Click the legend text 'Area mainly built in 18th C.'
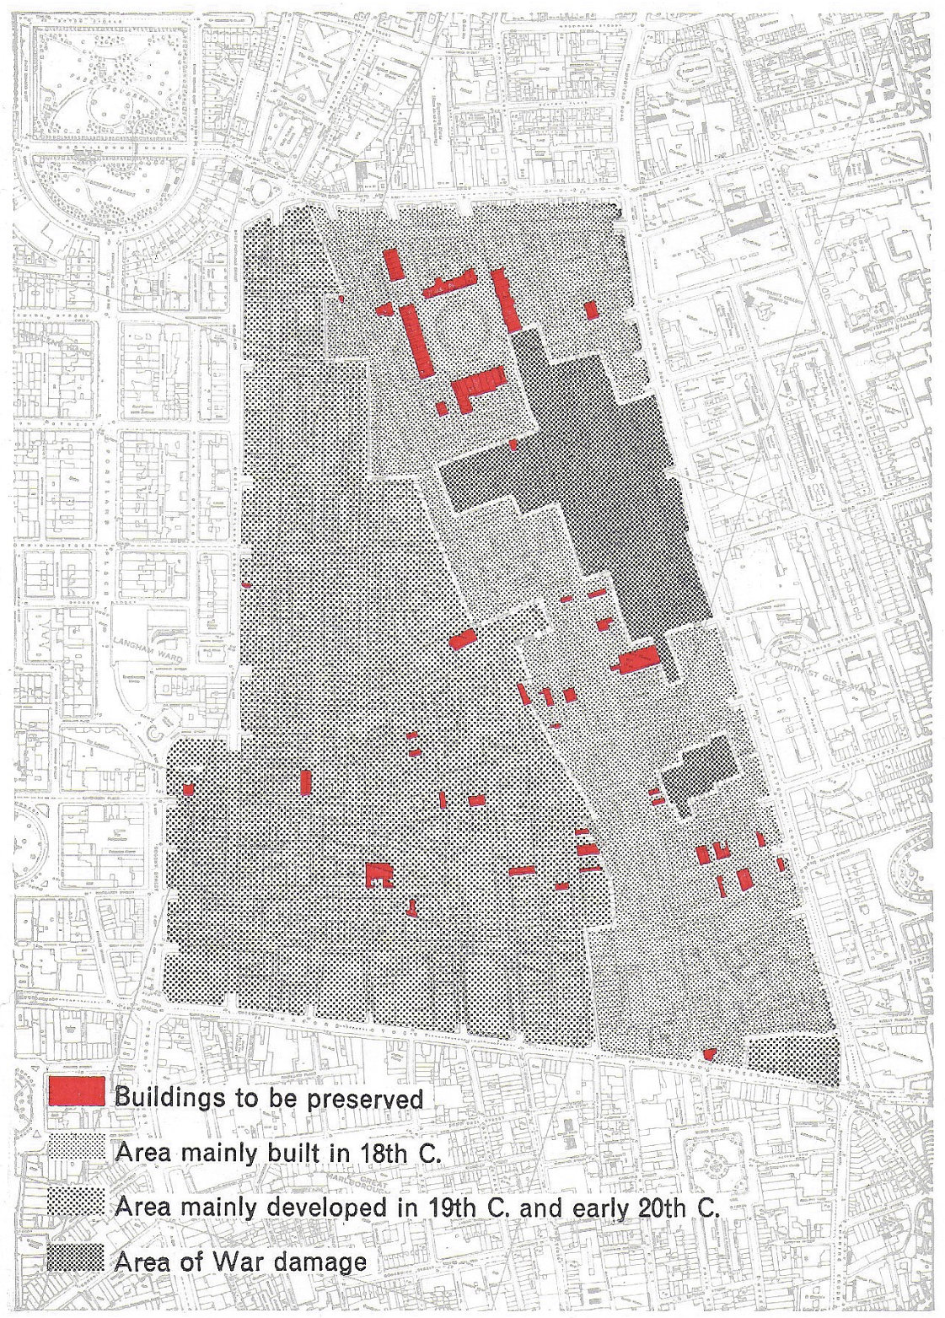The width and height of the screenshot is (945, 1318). (278, 1153)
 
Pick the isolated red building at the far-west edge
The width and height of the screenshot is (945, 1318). (189, 789)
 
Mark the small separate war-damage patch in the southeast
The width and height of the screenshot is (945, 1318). (700, 772)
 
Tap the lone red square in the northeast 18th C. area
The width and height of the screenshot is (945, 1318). (592, 310)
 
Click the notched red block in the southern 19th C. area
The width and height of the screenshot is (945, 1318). (379, 875)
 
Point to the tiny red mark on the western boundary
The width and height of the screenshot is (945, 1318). (245, 584)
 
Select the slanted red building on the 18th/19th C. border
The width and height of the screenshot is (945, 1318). (462, 639)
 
